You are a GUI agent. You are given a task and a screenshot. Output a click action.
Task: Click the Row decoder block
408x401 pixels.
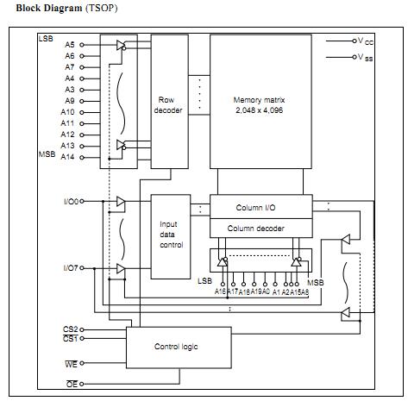[170, 102]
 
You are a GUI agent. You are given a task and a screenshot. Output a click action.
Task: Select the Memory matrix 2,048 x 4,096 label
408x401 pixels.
[259, 105]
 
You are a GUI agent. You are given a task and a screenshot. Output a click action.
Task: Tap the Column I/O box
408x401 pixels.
[261, 207]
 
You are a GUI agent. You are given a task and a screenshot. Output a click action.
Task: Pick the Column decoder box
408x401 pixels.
[261, 228]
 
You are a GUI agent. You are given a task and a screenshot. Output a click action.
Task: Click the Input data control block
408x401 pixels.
[171, 236]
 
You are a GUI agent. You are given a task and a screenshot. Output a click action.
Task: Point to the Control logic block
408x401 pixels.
[179, 348]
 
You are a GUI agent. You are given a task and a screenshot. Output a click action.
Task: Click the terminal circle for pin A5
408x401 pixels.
[82, 45]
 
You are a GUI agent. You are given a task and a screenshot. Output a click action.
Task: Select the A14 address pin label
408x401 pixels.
[67, 157]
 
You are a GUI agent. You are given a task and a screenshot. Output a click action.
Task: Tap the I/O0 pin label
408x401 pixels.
[71, 202]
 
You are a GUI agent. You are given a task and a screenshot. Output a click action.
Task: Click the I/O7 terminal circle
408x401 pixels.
[82, 268]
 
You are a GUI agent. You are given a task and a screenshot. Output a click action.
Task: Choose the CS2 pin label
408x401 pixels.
[71, 329]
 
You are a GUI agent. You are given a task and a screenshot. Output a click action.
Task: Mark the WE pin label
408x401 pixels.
[71, 364]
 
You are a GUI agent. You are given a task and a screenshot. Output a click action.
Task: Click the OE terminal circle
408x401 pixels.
[82, 384]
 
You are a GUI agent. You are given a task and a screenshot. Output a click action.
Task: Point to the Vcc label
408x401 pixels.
[365, 41]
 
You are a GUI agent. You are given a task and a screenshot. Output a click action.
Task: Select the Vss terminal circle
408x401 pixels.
[355, 57]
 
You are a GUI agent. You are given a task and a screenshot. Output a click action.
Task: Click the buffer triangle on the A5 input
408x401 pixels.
[121, 45]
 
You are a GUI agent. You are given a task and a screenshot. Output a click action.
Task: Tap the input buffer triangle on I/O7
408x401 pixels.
[121, 269]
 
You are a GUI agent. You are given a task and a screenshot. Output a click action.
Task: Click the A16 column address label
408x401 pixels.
[220, 291]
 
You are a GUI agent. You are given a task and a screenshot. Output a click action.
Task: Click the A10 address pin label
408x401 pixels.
[67, 112]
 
